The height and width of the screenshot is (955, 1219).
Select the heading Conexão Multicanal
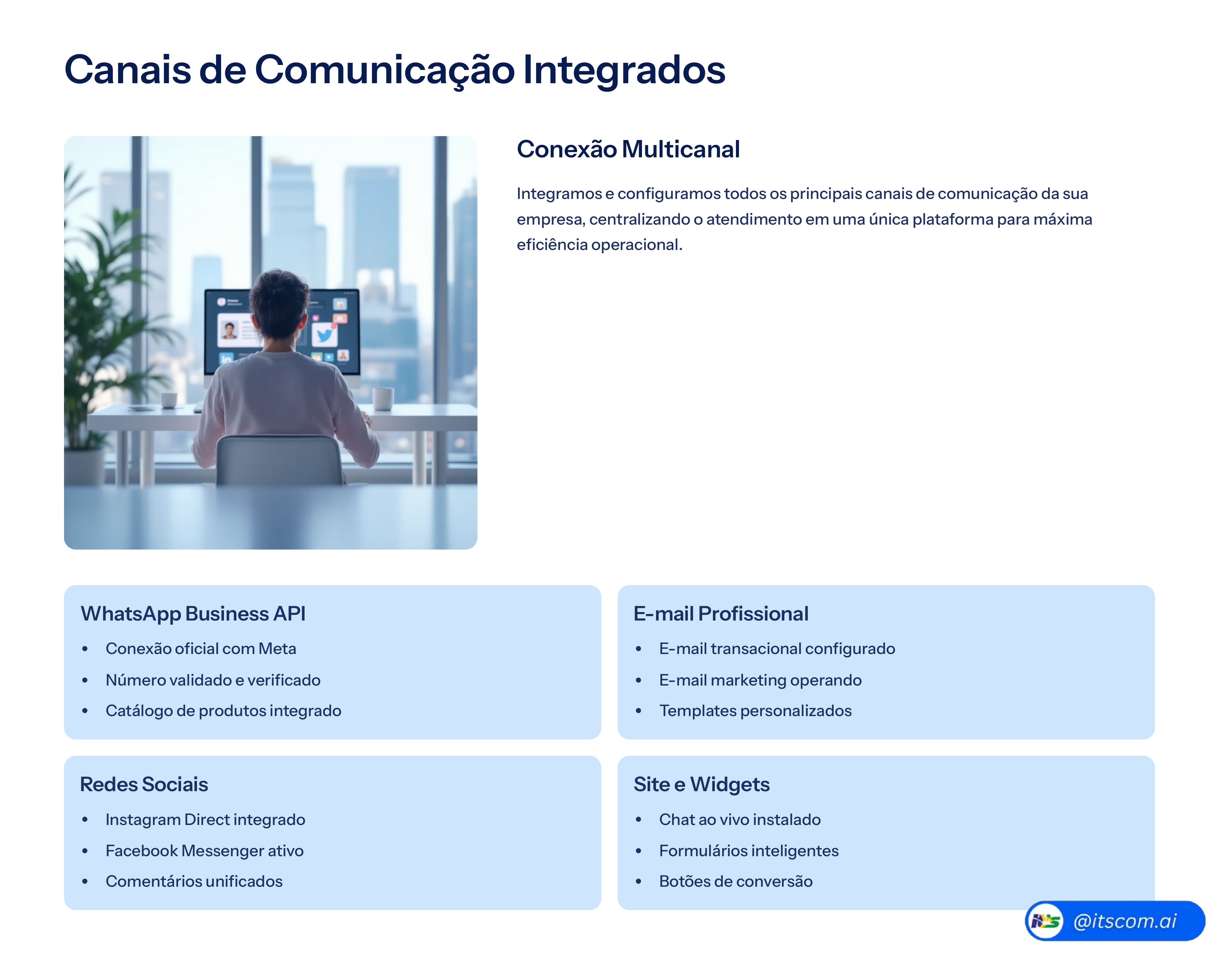pos(628,149)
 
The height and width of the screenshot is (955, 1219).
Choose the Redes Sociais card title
pos(144,784)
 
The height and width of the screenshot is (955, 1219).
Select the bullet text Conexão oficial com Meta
pos(201,648)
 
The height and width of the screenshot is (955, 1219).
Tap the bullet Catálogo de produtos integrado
pos(223,711)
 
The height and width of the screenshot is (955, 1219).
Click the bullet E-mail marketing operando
pos(760,680)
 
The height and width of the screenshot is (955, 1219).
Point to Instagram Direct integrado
pos(205,820)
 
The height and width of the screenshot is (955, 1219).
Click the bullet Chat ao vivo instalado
pos(740,820)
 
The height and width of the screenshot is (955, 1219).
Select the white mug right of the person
pos(383,398)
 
